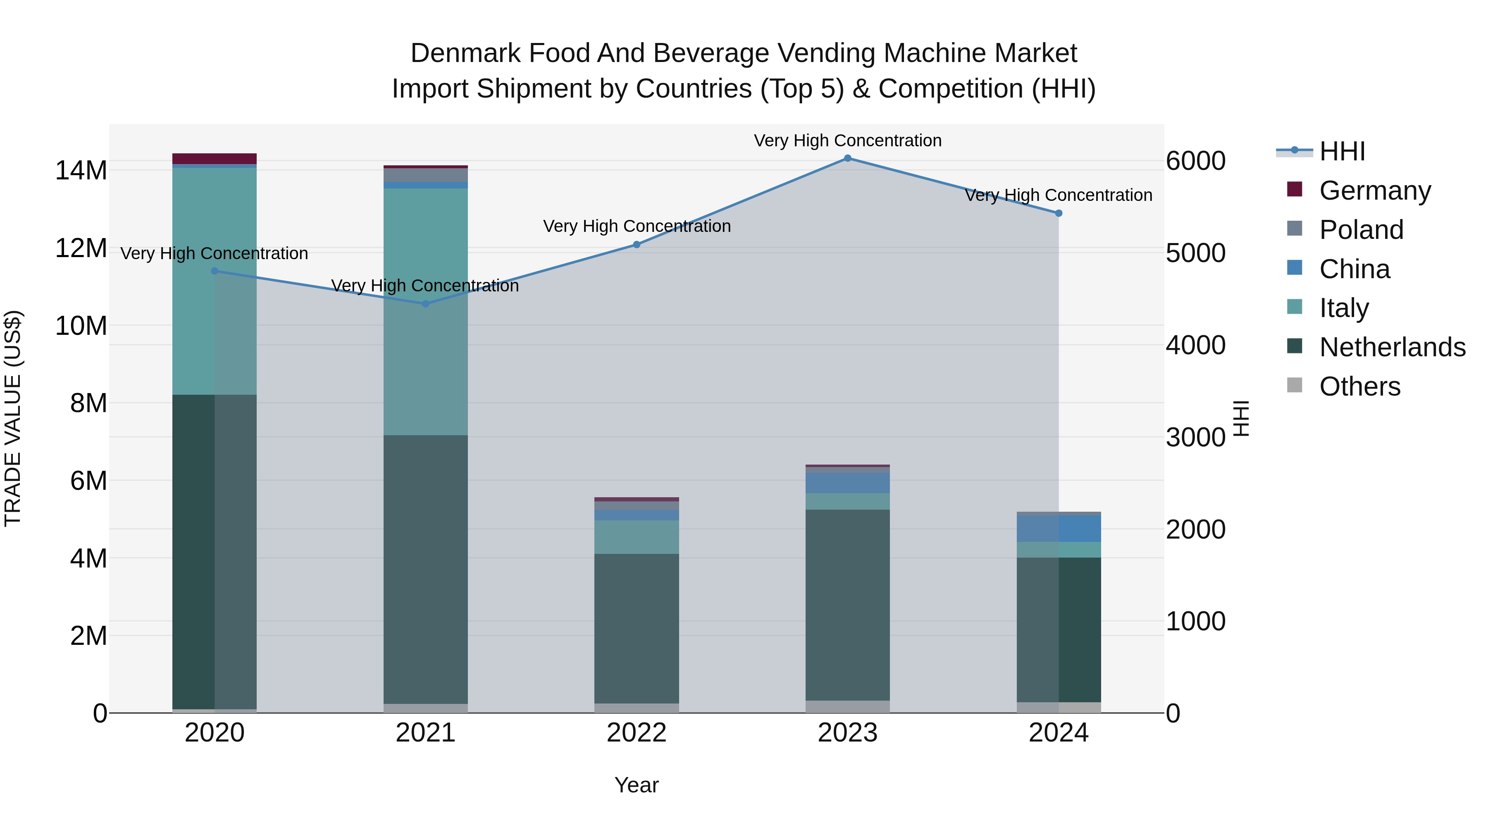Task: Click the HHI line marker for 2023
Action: [x=847, y=158]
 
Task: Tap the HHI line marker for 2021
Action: [x=426, y=304]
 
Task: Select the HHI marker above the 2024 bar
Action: [x=1059, y=213]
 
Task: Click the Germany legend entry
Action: [x=1375, y=191]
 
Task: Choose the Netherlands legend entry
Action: [x=1392, y=347]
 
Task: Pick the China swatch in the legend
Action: [x=1295, y=268]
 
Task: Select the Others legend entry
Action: [x=1360, y=386]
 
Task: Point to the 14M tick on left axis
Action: [x=81, y=170]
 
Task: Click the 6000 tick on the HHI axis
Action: [x=1195, y=161]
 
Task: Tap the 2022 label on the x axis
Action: [x=637, y=733]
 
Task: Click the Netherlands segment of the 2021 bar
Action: [x=426, y=569]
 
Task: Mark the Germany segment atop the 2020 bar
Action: [x=214, y=159]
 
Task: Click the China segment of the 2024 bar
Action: [x=1059, y=529]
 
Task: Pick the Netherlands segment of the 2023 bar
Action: [x=847, y=605]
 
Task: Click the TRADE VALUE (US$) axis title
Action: [x=13, y=418]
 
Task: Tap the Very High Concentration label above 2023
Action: [x=847, y=141]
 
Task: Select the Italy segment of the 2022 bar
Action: [x=637, y=537]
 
